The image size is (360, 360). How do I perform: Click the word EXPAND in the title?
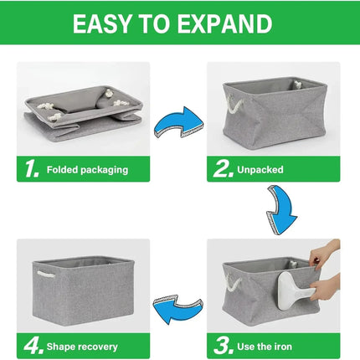point(224,23)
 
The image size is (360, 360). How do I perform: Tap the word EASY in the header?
point(102,23)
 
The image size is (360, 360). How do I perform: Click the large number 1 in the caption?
point(32,168)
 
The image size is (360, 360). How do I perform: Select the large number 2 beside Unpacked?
point(223,168)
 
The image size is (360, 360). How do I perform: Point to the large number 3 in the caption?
point(224,346)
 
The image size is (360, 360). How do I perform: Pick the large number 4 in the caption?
point(33,346)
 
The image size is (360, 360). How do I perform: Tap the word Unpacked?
point(260,169)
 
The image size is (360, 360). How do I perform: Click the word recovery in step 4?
point(99,347)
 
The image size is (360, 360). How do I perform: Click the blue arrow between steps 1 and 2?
point(179,121)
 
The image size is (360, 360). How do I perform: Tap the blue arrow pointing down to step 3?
point(281,209)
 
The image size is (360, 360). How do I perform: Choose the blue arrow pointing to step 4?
point(178,309)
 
